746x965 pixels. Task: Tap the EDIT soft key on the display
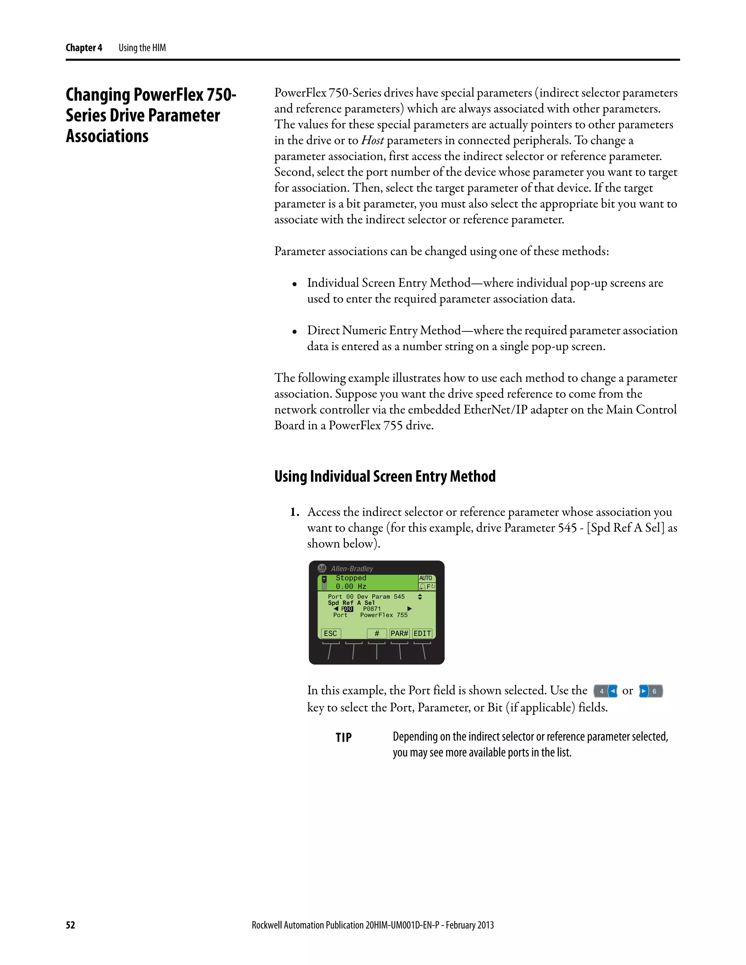point(422,633)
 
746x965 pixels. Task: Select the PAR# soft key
point(399,633)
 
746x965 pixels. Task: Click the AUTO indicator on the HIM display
point(425,578)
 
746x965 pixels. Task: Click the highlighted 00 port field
point(349,609)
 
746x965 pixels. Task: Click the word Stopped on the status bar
point(351,578)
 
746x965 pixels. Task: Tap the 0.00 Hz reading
point(351,586)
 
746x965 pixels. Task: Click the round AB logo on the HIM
point(322,568)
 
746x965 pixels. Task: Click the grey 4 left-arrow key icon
point(605,691)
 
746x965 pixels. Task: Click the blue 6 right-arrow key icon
point(651,691)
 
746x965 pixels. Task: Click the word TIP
point(343,737)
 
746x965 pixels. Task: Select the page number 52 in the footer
point(70,925)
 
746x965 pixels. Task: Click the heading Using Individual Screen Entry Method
point(385,476)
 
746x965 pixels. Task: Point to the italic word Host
point(372,141)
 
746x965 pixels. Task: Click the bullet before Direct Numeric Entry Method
point(294,331)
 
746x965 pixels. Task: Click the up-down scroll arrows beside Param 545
point(420,596)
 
